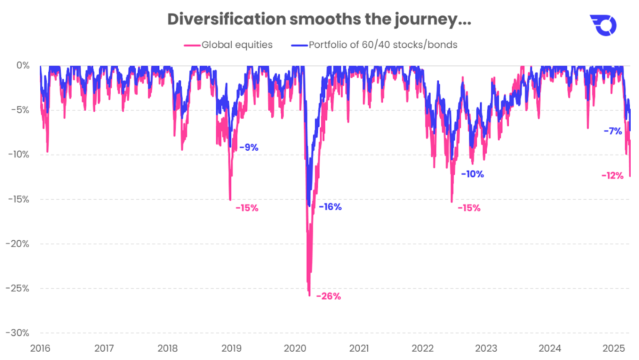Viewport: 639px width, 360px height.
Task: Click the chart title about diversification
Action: tap(319, 20)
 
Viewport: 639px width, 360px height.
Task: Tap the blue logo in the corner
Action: tap(603, 25)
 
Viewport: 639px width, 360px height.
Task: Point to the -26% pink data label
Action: tap(328, 296)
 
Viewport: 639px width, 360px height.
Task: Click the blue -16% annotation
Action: tap(330, 207)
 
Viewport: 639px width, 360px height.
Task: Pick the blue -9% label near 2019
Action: tap(249, 147)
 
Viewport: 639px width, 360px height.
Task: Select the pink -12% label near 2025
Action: tap(612, 176)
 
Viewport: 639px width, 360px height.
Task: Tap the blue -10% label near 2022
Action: tap(472, 174)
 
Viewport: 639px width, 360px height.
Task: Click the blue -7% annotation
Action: tap(613, 131)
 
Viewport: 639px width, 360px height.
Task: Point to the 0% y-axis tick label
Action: tap(23, 65)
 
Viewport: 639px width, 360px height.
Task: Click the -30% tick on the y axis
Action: tap(17, 333)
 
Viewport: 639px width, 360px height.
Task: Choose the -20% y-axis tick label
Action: tap(17, 244)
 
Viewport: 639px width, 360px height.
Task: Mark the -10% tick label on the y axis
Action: tap(18, 154)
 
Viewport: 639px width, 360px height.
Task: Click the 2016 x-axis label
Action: tap(40, 348)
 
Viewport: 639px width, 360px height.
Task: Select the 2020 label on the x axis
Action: tap(295, 348)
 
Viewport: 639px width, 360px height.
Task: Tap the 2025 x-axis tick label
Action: tap(614, 348)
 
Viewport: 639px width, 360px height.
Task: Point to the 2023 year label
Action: tap(486, 348)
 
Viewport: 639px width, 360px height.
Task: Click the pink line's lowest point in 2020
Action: tap(309, 295)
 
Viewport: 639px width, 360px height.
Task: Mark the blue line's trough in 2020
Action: tap(309, 206)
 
